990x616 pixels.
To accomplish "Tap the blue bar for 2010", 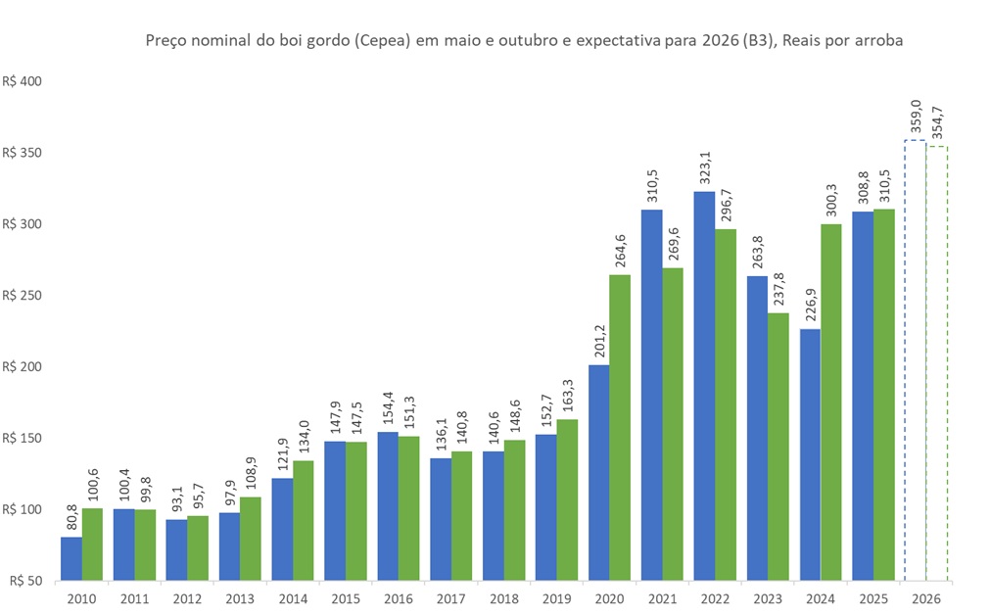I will click(71, 558).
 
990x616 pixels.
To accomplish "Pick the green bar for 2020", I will click(620, 427).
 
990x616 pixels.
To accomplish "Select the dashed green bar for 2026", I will click(936, 363).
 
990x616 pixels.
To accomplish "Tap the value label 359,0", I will click(916, 118).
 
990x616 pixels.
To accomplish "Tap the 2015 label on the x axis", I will click(345, 597).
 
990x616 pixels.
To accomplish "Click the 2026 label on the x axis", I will click(925, 597).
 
